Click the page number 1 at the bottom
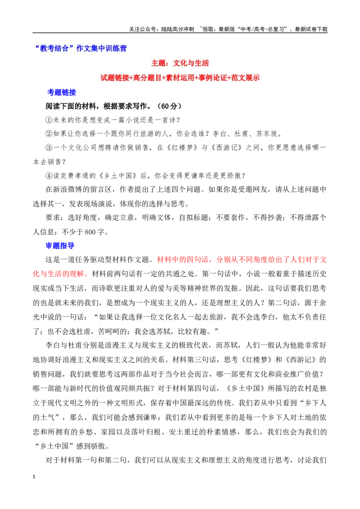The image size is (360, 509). (x=34, y=477)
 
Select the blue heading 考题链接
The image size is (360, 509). (x=61, y=92)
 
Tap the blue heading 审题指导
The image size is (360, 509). (x=60, y=246)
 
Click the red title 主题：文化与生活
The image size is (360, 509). (x=180, y=63)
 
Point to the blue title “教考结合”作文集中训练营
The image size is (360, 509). (x=81, y=49)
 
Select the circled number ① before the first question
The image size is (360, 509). (x=49, y=120)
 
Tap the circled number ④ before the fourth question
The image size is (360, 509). (x=49, y=176)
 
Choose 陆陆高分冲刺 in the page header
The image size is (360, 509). (x=177, y=29)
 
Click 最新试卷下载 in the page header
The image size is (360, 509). (x=311, y=29)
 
